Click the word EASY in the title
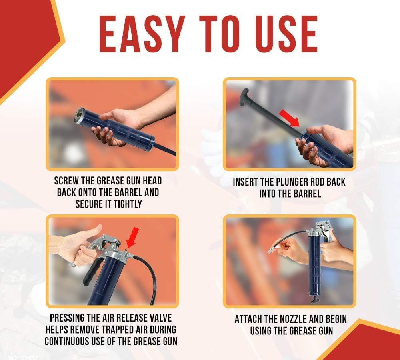(x=142, y=34)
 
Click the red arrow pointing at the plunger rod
(x=290, y=118)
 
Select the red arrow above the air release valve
(x=133, y=238)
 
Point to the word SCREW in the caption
(x=66, y=181)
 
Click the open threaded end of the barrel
(x=80, y=116)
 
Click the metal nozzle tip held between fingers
(x=272, y=250)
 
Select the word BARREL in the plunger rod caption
(x=306, y=194)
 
